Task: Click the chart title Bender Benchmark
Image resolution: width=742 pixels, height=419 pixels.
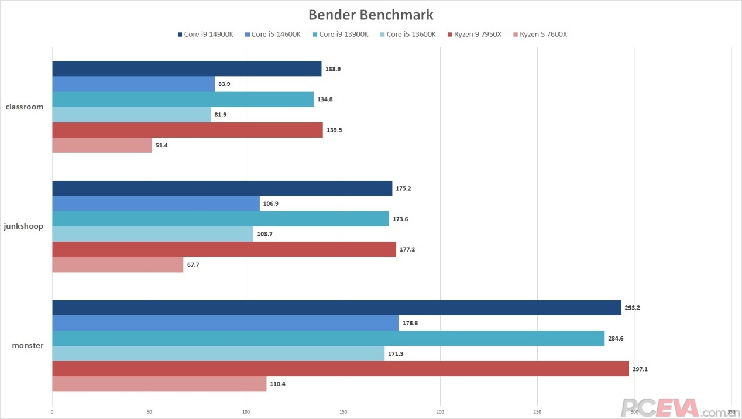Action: pyautogui.click(x=371, y=14)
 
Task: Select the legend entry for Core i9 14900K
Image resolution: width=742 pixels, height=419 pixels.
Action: pyautogui.click(x=205, y=35)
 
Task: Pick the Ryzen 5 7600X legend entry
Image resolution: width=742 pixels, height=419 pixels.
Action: pyautogui.click(x=540, y=35)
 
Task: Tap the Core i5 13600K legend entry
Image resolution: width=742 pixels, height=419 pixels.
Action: pyautogui.click(x=407, y=35)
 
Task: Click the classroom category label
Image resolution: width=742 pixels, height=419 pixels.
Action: pyautogui.click(x=24, y=107)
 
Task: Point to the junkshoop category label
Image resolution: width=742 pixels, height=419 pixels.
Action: pyautogui.click(x=23, y=226)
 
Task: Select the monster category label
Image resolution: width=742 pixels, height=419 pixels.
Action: pyautogui.click(x=28, y=345)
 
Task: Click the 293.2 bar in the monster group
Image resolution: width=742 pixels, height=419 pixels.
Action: pyautogui.click(x=336, y=308)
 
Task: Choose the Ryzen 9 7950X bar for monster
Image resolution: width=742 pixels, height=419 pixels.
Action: pyautogui.click(x=341, y=369)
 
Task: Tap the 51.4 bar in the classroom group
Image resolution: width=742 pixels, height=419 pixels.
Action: pyautogui.click(x=102, y=145)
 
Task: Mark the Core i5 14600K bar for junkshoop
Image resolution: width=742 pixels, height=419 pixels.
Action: pyautogui.click(x=156, y=204)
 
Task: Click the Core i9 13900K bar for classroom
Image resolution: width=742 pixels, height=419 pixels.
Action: pyautogui.click(x=183, y=99)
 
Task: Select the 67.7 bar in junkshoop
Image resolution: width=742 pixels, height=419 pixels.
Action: pyautogui.click(x=118, y=265)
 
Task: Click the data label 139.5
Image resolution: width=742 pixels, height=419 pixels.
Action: pyautogui.click(x=335, y=130)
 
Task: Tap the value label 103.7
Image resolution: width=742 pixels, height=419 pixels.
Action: pyautogui.click(x=265, y=234)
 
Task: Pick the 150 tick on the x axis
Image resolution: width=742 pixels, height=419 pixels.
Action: pyautogui.click(x=343, y=412)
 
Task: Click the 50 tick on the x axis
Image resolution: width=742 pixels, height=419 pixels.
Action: pyautogui.click(x=149, y=412)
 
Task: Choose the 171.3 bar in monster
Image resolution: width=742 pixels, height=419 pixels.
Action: pyautogui.click(x=218, y=353)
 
